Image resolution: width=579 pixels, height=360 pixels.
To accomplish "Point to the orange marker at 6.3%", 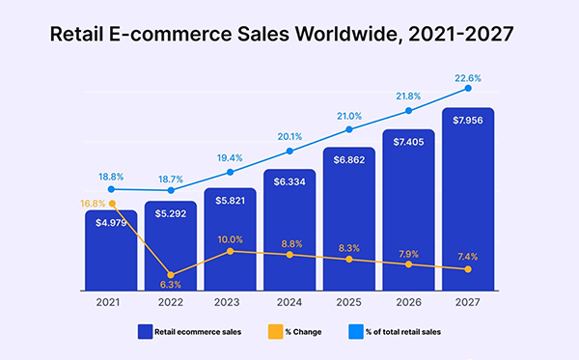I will pyautogui.click(x=171, y=275).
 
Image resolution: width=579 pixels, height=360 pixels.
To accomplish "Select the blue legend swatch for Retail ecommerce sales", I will pyautogui.click(x=146, y=331).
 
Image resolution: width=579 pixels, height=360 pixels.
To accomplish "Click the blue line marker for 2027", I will pyautogui.click(x=469, y=88).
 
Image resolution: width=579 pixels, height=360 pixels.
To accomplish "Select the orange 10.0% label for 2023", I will pyautogui.click(x=231, y=238).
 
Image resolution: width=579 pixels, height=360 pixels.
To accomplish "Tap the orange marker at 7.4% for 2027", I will pyautogui.click(x=469, y=269).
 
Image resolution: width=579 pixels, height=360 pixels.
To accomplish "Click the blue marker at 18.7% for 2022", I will pyautogui.click(x=171, y=190).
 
